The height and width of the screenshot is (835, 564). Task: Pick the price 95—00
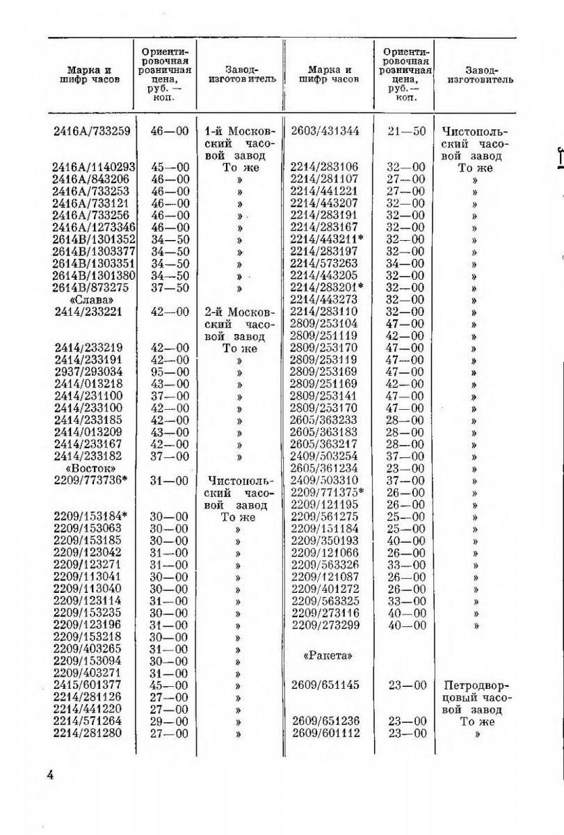(169, 372)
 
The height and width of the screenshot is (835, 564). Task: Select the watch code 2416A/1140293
(93, 168)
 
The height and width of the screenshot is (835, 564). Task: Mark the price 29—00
(169, 722)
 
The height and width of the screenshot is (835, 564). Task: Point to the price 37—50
(169, 288)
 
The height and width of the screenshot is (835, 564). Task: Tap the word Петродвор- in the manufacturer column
(476, 685)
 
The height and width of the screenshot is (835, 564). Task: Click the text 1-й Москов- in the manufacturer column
(241, 132)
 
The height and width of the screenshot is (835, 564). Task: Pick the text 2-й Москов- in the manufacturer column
(241, 312)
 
